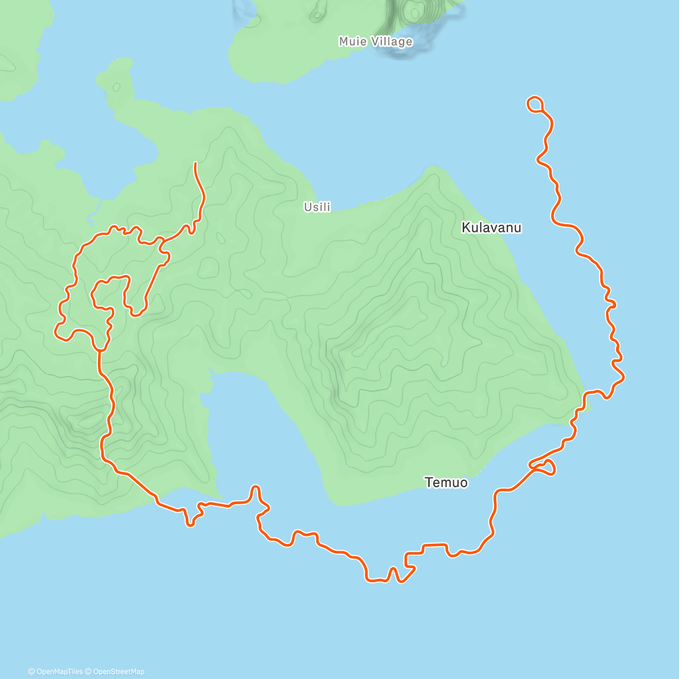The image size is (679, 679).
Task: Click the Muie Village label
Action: [x=375, y=41]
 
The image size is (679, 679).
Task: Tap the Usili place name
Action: [x=317, y=207]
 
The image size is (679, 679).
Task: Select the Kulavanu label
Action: [x=491, y=227]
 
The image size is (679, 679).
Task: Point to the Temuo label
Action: [x=446, y=482]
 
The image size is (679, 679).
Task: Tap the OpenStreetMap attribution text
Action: [x=118, y=672]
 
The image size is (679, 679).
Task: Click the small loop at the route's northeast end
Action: [x=535, y=104]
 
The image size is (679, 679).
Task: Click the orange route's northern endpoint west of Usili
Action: [x=195, y=164]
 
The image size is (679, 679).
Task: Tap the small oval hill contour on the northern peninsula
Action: [x=117, y=87]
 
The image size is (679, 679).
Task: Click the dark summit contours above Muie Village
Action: [x=416, y=11]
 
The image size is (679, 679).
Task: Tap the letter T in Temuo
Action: [x=428, y=482]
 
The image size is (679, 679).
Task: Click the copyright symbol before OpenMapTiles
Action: [x=31, y=672]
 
